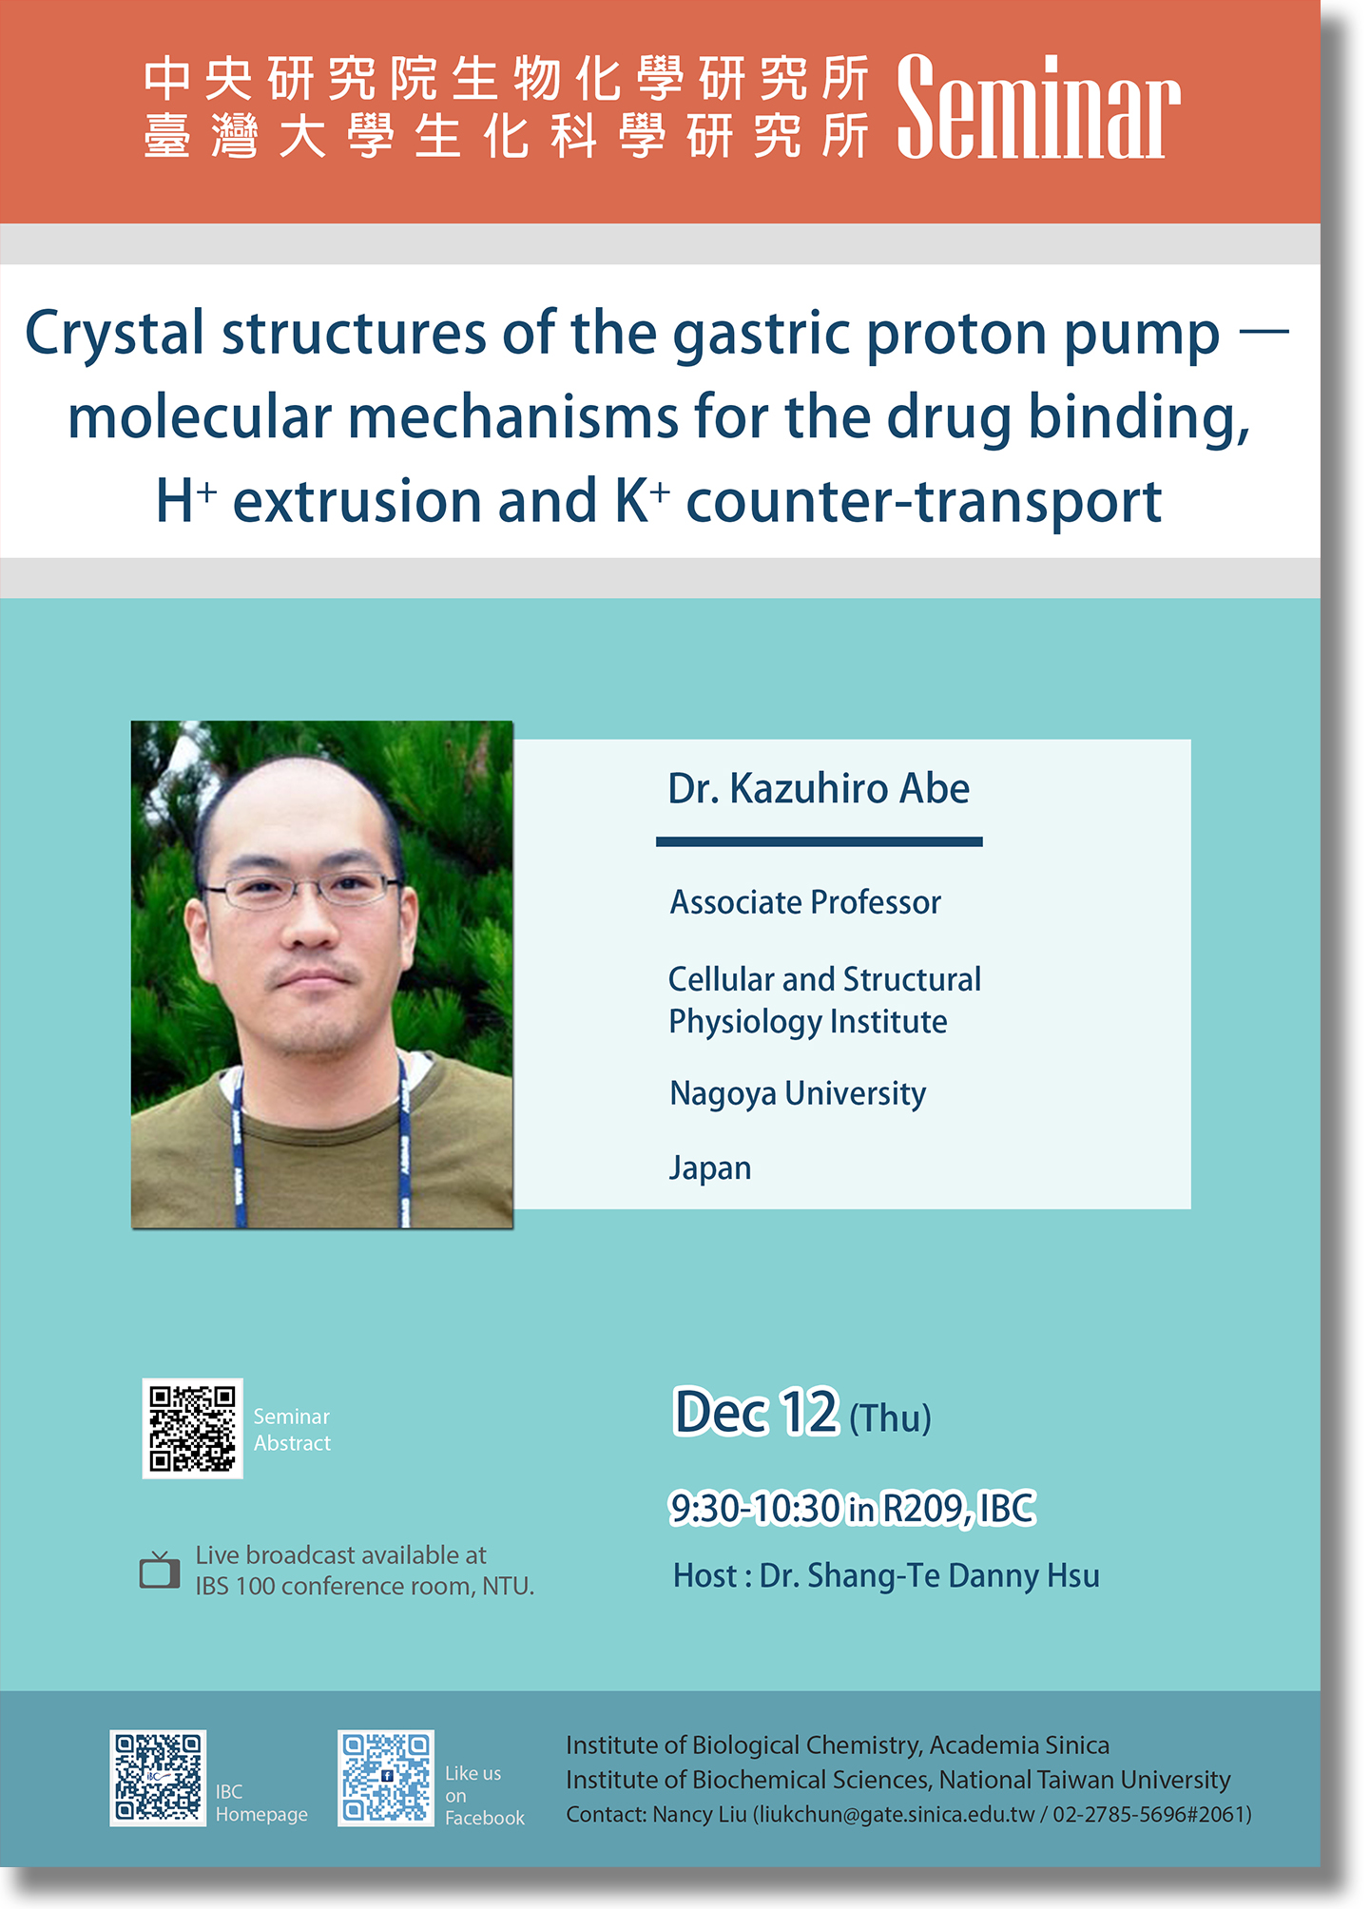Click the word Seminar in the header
coord(1038,106)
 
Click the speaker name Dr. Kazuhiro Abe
coord(819,789)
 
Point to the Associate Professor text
coord(805,902)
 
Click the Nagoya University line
coord(798,1094)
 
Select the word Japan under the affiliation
coord(710,1168)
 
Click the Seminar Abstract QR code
coord(192,1428)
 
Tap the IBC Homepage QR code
coord(158,1777)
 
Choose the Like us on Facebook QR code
coord(386,1777)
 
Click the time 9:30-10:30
coord(756,1509)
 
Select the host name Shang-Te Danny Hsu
coord(954,1576)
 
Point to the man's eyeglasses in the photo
coord(300,890)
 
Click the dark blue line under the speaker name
coord(820,842)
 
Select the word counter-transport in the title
coord(924,502)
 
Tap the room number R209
coord(928,1509)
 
